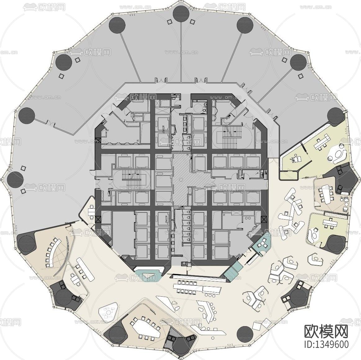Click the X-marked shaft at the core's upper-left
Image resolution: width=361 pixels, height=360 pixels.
[x=98, y=140]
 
